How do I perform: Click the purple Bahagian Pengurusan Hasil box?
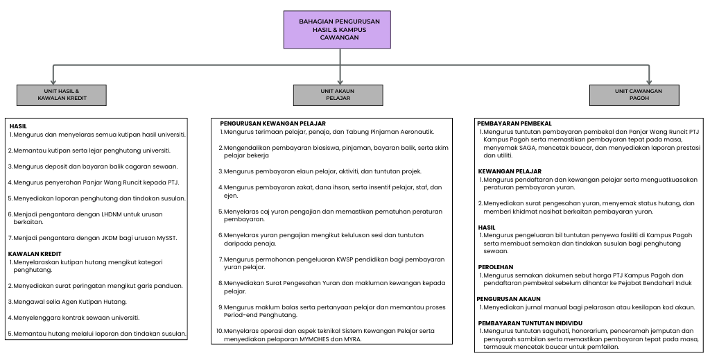[x=339, y=30]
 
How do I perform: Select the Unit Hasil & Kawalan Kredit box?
[x=62, y=95]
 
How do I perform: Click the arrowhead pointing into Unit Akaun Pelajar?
[x=340, y=81]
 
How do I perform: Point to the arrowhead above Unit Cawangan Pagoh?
[x=648, y=81]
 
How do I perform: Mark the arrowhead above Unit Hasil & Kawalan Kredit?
[x=53, y=81]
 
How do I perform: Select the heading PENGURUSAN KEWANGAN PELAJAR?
[x=272, y=123]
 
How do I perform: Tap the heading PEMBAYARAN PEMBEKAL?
[x=514, y=123]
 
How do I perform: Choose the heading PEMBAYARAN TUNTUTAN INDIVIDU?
[x=530, y=323]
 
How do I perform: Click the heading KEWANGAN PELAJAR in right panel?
[x=510, y=171]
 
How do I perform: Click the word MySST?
[x=167, y=238]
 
